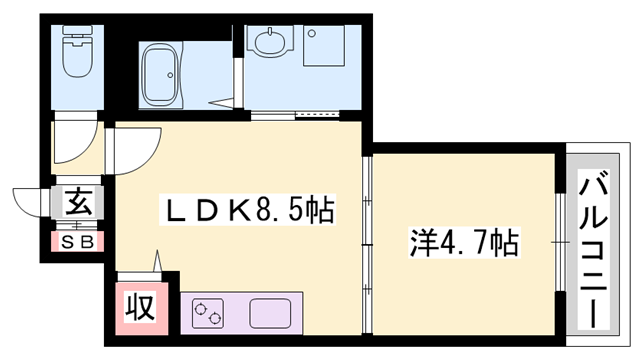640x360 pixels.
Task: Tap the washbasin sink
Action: pyautogui.click(x=270, y=44)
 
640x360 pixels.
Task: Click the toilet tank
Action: pyautogui.click(x=76, y=41)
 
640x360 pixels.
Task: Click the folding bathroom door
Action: pyautogui.click(x=225, y=100)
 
